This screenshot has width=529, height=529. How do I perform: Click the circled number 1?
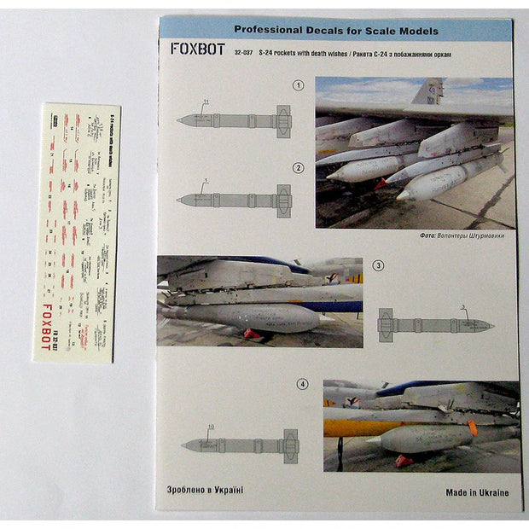click(298, 86)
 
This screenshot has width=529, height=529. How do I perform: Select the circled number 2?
click(298, 167)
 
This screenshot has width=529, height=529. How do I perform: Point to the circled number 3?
click(378, 265)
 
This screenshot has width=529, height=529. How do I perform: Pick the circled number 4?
click(301, 385)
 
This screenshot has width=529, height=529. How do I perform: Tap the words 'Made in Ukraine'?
click(477, 492)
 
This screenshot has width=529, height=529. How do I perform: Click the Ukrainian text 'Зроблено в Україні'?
click(200, 490)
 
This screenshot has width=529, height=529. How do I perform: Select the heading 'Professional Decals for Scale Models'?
click(336, 31)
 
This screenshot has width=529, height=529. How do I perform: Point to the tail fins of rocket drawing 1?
click(283, 120)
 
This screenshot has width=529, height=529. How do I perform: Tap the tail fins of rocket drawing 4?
click(290, 445)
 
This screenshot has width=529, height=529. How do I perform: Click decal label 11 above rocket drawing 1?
click(205, 103)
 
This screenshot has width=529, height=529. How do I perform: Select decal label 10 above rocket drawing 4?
click(210, 427)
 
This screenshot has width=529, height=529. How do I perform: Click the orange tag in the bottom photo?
click(472, 427)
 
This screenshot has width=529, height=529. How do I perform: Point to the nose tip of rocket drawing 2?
click(180, 201)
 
